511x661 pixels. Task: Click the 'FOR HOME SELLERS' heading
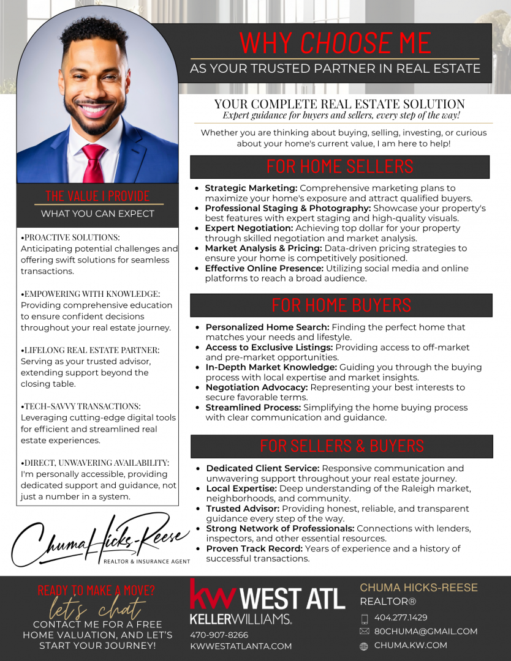coord(339,166)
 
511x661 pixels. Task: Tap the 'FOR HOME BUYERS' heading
coord(341,305)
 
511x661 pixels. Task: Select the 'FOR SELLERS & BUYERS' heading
coord(341,446)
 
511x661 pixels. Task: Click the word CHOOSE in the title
coord(346,43)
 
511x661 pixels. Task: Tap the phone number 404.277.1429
coord(401,618)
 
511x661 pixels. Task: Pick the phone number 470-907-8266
coord(219,635)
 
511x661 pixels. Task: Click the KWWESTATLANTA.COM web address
coord(241,646)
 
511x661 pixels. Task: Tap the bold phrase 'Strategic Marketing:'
coord(251,189)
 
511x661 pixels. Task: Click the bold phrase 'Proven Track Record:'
coord(254,548)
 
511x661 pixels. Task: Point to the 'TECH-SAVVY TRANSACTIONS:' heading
coord(82,406)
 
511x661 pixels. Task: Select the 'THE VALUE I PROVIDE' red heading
coord(98,196)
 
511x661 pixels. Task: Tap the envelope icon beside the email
coord(364,631)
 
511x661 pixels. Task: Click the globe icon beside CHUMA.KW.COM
coord(364,646)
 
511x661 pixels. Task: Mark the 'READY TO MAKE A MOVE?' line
coord(96,591)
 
